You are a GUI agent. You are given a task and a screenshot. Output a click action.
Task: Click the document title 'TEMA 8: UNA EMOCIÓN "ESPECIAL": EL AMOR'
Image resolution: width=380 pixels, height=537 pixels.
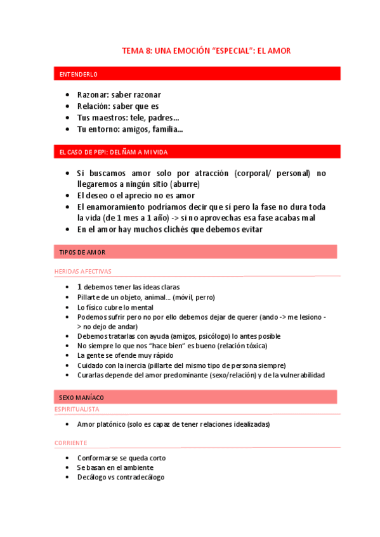click(x=206, y=51)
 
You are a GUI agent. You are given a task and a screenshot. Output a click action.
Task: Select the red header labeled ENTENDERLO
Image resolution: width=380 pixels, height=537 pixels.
click(x=74, y=75)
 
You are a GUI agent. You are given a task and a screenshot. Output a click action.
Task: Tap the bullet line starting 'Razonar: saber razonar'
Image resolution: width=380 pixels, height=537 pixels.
click(x=119, y=95)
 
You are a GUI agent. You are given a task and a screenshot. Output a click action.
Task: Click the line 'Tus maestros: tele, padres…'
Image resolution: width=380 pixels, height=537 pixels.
click(x=128, y=118)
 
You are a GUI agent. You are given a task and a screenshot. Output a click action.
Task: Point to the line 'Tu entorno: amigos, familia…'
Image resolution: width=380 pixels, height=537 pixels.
click(x=130, y=129)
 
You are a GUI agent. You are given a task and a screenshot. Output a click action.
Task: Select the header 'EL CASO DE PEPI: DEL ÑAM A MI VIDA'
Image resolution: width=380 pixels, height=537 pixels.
click(x=113, y=153)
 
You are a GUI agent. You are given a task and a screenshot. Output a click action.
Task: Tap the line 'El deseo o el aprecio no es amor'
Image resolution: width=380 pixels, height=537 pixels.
click(x=136, y=196)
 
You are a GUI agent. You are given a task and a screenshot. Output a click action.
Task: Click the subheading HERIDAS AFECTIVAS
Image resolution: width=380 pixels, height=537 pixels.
click(x=82, y=271)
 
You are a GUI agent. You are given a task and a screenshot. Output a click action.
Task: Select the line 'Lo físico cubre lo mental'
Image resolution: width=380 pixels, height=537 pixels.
click(x=115, y=307)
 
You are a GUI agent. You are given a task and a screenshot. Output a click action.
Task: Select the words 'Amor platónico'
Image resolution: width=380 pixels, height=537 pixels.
click(x=102, y=424)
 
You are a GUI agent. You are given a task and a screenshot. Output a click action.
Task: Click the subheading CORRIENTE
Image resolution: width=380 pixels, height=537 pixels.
click(x=71, y=443)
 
